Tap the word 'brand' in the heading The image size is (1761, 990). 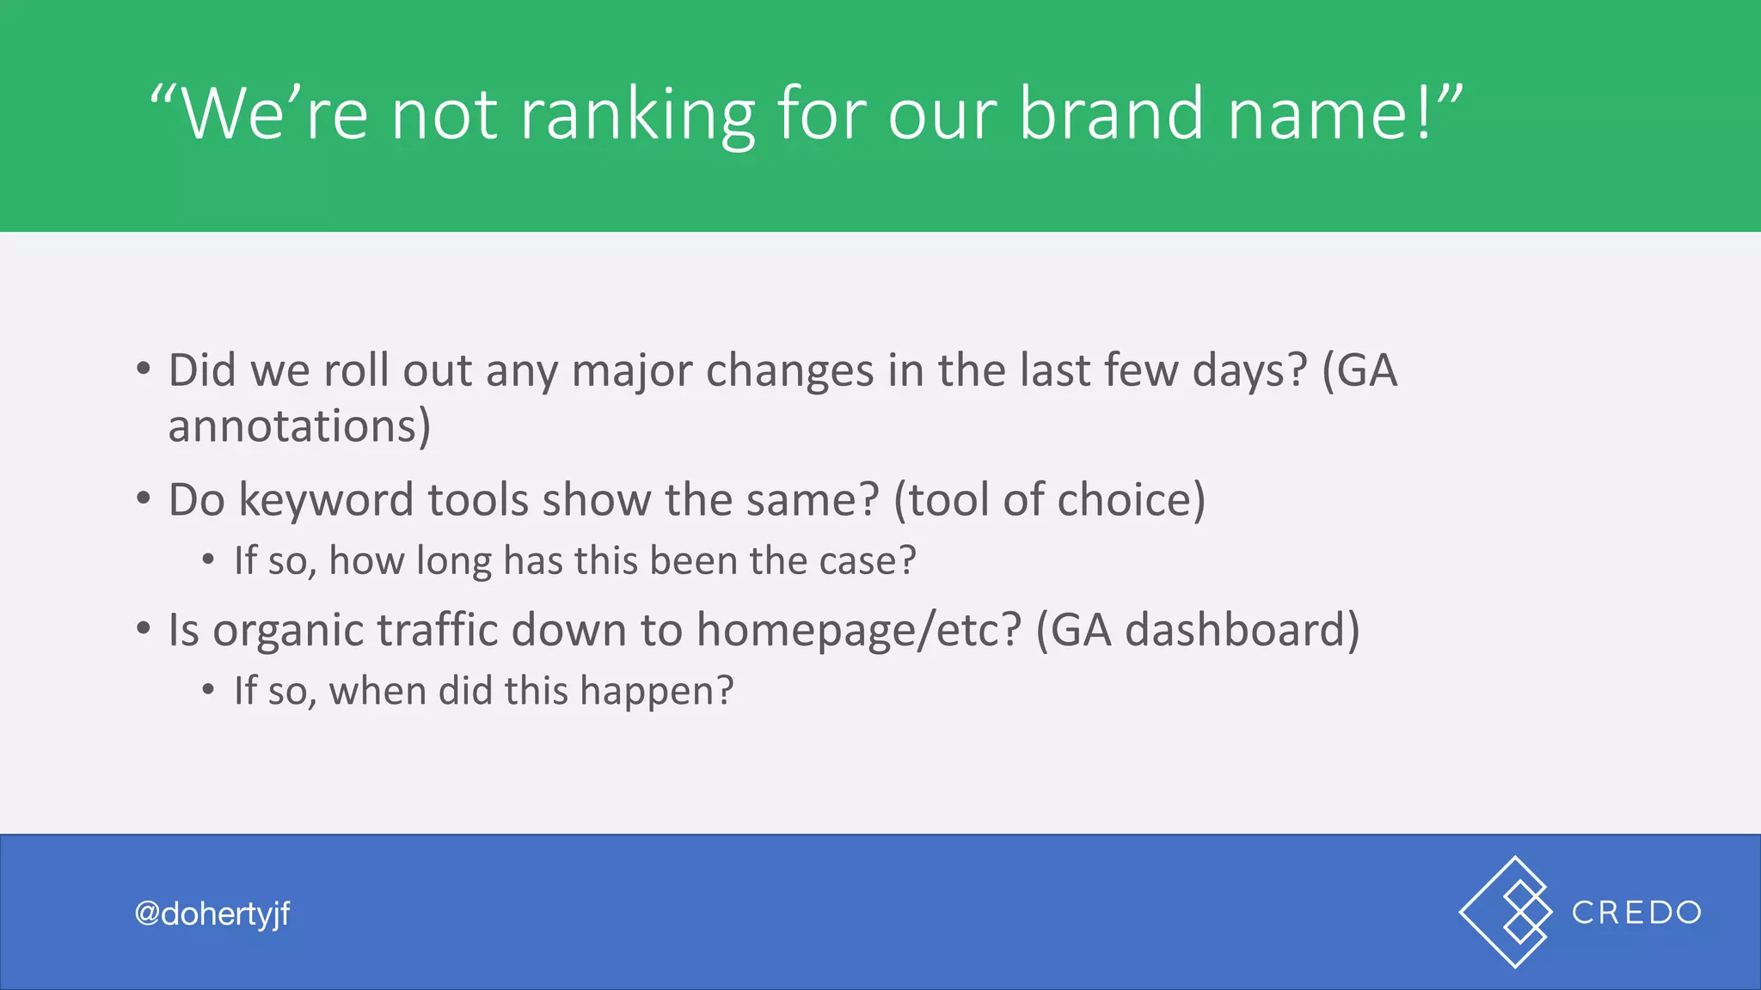click(1111, 113)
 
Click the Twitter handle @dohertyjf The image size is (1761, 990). click(212, 914)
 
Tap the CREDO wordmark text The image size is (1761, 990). click(1636, 913)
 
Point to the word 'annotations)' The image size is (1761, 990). click(299, 426)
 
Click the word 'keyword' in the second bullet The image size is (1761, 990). click(326, 500)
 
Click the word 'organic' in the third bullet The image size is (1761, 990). click(289, 632)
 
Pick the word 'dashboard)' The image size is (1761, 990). click(1242, 630)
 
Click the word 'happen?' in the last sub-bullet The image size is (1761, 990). click(657, 691)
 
